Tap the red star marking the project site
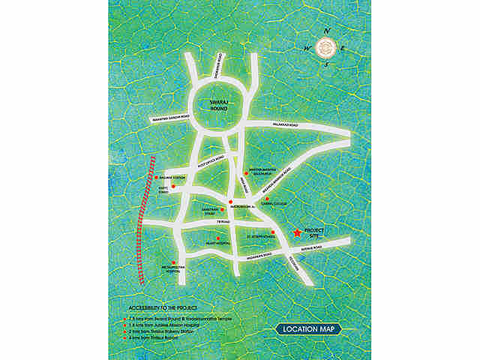pyautogui.click(x=298, y=232)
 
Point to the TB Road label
pyautogui.click(x=220, y=223)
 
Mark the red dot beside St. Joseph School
pyautogui.click(x=274, y=232)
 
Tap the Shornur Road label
pyautogui.click(x=219, y=67)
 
